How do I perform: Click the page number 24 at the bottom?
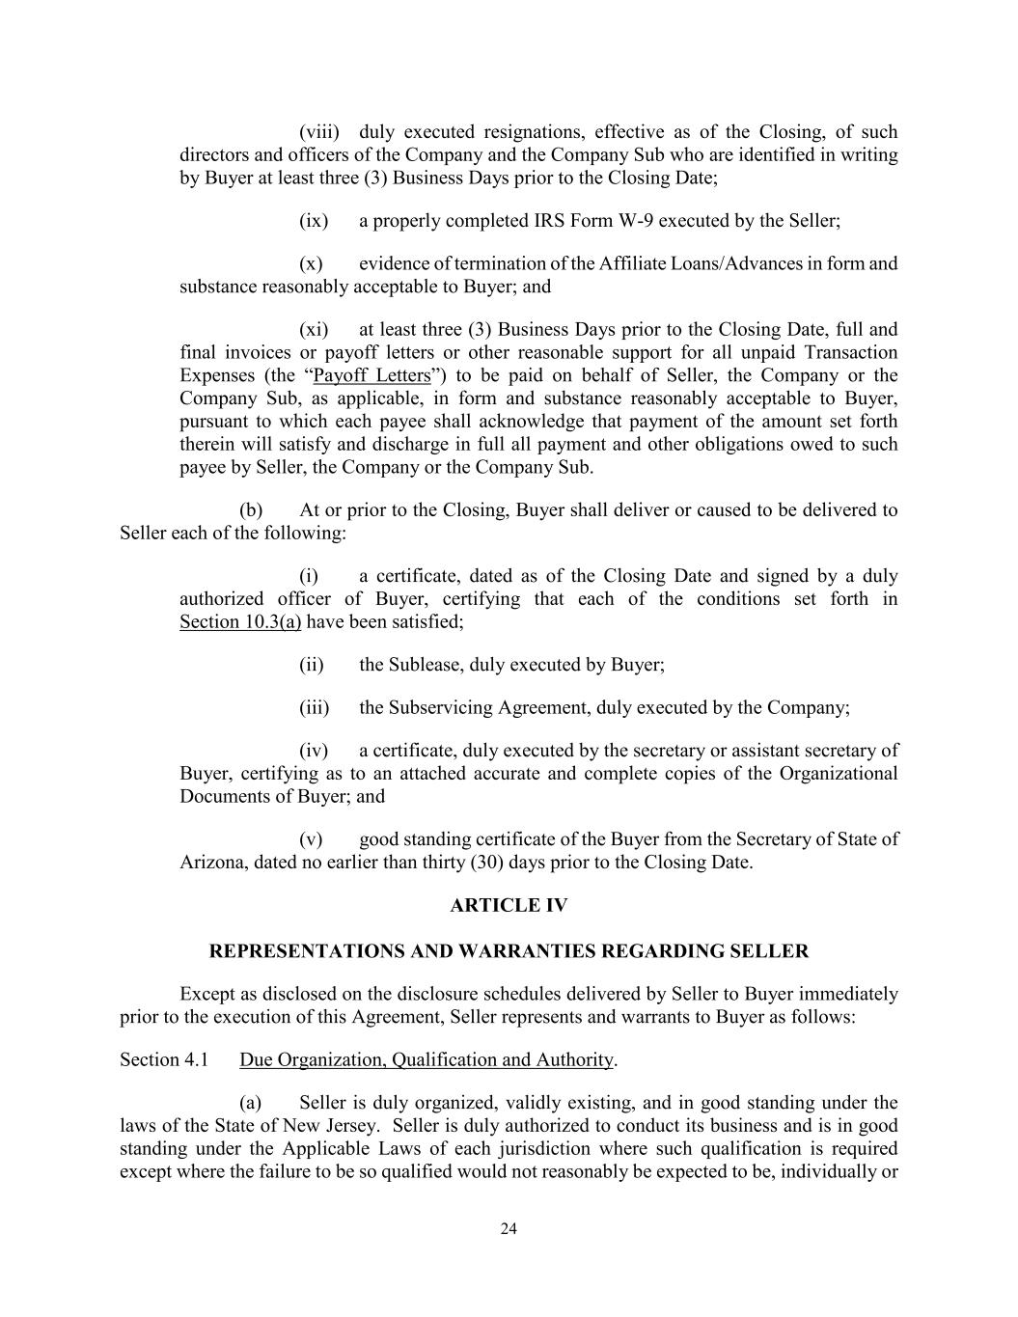pos(509,1228)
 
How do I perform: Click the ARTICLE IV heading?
pos(509,905)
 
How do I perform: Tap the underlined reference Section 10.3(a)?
pos(240,622)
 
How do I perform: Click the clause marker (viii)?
pos(316,132)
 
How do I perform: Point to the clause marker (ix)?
pos(314,221)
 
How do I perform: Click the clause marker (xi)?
pos(314,329)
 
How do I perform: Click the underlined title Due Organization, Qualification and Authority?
pos(426,1060)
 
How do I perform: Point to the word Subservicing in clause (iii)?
pos(440,707)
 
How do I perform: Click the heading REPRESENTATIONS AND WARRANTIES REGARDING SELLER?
pos(509,951)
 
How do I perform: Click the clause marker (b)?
pos(251,510)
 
